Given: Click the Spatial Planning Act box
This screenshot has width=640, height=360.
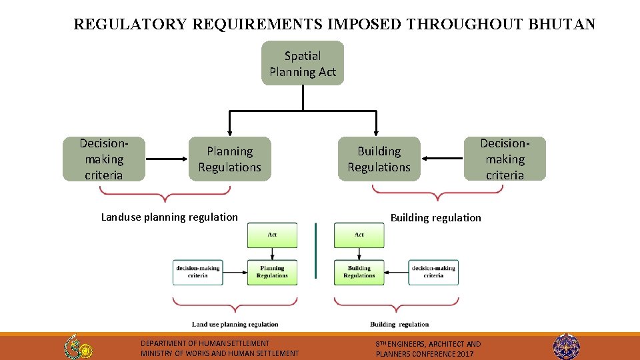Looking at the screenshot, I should pyautogui.click(x=303, y=63).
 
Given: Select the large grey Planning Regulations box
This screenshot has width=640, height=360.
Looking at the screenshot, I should pyautogui.click(x=229, y=159).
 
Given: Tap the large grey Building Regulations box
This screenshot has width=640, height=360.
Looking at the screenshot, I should pyautogui.click(x=379, y=159).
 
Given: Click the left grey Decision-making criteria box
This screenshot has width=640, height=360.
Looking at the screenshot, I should pyautogui.click(x=104, y=159).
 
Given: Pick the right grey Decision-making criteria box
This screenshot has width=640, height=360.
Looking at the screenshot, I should pyautogui.click(x=505, y=159).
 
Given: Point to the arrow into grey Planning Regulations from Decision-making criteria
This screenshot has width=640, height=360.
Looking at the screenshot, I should pyautogui.click(x=167, y=159).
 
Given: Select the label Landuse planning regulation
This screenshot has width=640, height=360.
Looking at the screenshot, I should pyautogui.click(x=169, y=217).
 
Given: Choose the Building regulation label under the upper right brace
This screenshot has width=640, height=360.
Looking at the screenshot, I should pyautogui.click(x=435, y=217).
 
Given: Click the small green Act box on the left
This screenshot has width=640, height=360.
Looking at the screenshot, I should pyautogui.click(x=272, y=235).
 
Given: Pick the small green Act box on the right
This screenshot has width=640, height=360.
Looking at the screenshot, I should pyautogui.click(x=359, y=235).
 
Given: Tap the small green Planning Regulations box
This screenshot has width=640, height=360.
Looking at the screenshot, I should pyautogui.click(x=272, y=272).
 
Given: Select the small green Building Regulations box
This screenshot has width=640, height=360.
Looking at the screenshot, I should pyautogui.click(x=359, y=272).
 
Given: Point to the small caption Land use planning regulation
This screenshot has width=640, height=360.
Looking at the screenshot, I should pyautogui.click(x=235, y=325).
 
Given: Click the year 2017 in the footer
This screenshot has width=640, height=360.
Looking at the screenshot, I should pyautogui.click(x=465, y=354).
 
